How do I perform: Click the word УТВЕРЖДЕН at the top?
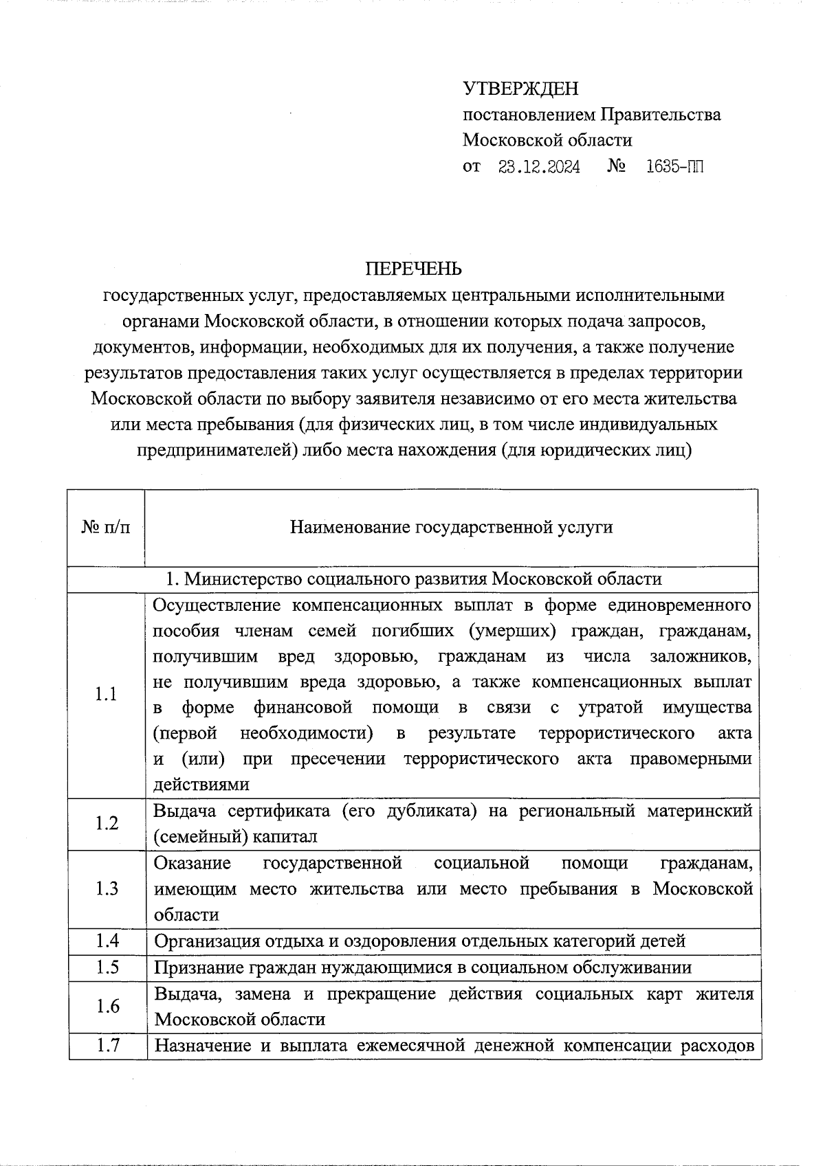pos(520,89)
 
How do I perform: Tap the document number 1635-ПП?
pos(675,167)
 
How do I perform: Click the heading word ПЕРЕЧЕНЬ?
pos(413,269)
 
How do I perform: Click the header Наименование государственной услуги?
pos(451,527)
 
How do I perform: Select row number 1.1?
pos(106,695)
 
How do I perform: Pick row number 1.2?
pos(106,823)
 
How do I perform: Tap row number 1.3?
pos(106,888)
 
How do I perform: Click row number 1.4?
pos(107,941)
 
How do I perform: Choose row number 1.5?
pos(107,967)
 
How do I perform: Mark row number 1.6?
pos(107,1006)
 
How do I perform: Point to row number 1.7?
pos(107,1046)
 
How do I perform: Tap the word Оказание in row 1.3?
pos(192,862)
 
